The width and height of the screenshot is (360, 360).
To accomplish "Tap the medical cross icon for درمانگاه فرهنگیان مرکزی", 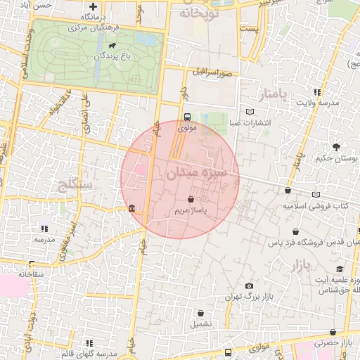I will [93, 6].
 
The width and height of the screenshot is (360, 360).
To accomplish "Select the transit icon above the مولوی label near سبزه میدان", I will [187, 117].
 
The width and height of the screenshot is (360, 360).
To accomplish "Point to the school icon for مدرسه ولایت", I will [318, 92].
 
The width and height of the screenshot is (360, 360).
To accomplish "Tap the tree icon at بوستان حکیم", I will [337, 147].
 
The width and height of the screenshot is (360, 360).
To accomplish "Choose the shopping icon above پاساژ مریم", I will [191, 200].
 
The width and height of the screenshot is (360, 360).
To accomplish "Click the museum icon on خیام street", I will [132, 208].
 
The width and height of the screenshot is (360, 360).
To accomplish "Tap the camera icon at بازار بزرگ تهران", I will [249, 285].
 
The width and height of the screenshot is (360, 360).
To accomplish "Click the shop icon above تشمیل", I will [202, 314].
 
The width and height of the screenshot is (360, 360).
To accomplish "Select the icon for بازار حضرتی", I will [333, 333].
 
